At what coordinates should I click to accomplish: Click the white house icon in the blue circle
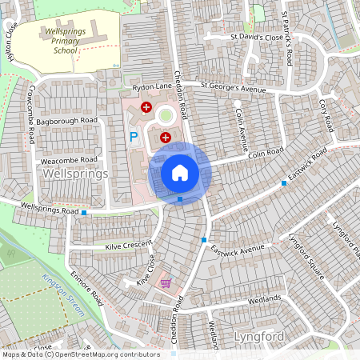click(x=179, y=172)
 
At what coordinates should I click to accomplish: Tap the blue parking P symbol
click(x=134, y=138)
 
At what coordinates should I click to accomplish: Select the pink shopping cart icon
click(x=166, y=282)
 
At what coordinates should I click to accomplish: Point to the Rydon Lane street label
click(x=153, y=87)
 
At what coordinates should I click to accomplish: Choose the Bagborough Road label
click(x=66, y=120)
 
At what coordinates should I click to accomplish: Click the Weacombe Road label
click(x=68, y=159)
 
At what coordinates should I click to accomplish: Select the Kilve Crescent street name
click(x=128, y=246)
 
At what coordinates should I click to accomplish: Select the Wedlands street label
click(x=265, y=299)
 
